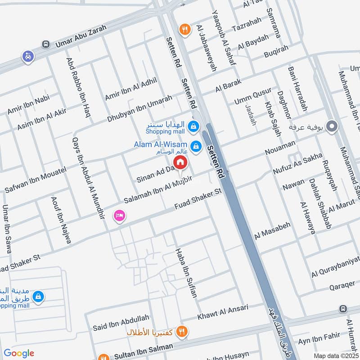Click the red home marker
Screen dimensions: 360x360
point(180,162)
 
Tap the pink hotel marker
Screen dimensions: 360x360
point(120,216)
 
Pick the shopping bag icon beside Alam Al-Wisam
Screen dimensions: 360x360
point(196,146)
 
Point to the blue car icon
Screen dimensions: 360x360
point(28,56)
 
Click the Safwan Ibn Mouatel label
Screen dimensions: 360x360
point(36,180)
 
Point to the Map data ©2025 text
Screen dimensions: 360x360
point(335,355)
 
